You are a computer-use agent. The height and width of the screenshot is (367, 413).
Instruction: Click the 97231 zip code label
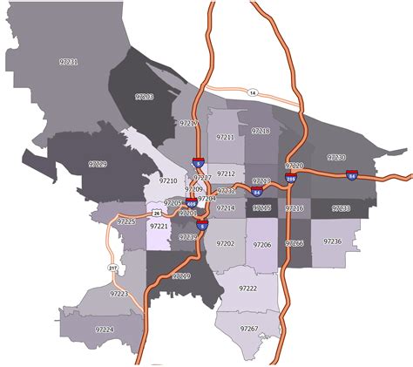pos(69,63)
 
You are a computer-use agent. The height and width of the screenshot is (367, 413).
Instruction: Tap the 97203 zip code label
pos(144,97)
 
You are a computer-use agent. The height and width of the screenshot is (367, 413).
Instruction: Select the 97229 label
pos(98,163)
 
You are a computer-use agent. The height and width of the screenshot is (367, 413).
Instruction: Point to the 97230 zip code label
pos(335,158)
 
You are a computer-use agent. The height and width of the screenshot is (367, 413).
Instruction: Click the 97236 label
pos(332,241)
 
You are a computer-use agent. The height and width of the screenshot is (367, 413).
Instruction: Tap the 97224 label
pos(105,330)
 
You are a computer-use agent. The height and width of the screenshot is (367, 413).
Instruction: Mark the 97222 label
pos(247,288)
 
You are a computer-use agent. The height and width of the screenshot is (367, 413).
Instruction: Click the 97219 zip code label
pos(181,275)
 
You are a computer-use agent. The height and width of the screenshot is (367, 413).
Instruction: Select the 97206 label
pos(261,246)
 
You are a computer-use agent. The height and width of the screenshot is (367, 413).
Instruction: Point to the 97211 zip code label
pos(226,138)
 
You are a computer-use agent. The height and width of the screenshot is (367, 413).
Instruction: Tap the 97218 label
pos(261,131)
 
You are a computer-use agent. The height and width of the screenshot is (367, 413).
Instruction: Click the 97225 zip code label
pos(126,222)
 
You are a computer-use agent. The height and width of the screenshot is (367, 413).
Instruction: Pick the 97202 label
pos(226,244)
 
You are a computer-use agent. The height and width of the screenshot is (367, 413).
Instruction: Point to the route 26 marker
pos(156,213)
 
